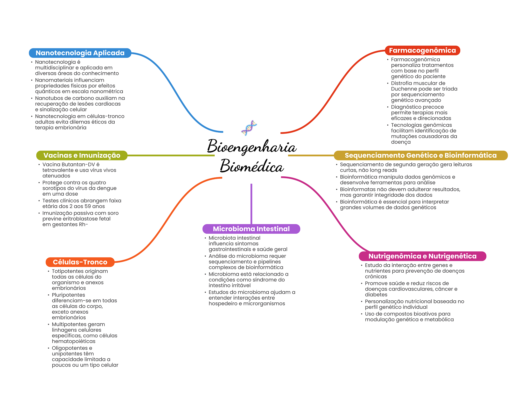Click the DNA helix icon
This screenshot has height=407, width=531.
[249, 128]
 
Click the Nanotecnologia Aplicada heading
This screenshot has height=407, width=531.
[80, 53]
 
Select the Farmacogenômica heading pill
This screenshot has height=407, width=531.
[422, 50]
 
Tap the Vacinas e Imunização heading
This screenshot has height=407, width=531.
[82, 155]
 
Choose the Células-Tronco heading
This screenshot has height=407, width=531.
[80, 262]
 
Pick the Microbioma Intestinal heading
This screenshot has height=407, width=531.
[251, 229]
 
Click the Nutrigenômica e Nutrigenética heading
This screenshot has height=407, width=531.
[422, 256]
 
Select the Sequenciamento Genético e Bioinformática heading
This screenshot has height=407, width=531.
[421, 155]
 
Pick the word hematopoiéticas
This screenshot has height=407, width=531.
[74, 341]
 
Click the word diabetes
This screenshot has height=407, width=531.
[376, 295]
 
